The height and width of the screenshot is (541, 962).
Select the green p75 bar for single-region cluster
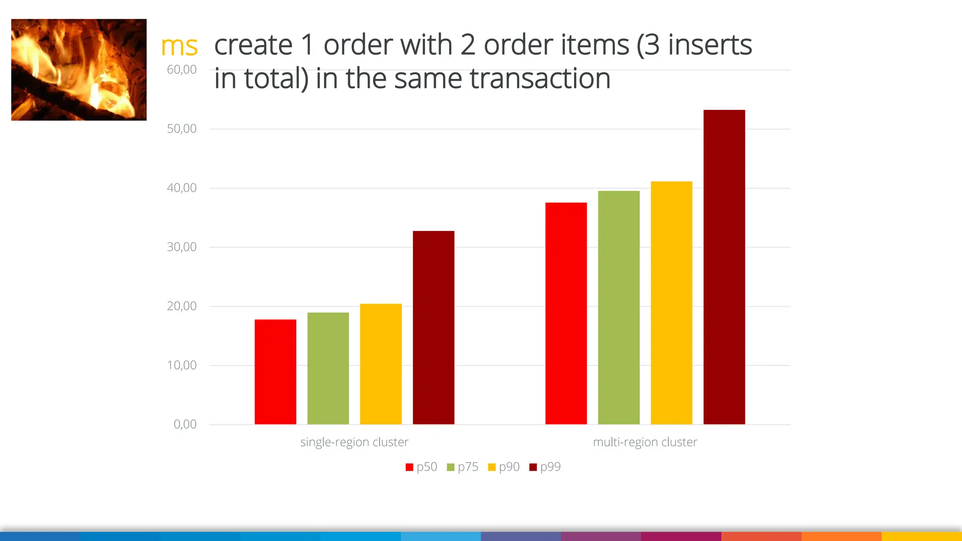[x=328, y=369]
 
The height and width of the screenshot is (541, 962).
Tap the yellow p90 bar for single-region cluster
[x=380, y=364]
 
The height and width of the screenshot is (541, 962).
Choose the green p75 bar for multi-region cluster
[x=619, y=308]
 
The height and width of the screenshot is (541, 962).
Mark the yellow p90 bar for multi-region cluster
[x=671, y=303]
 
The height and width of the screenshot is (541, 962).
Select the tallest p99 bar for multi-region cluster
[x=724, y=267]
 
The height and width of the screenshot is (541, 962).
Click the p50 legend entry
[x=421, y=467]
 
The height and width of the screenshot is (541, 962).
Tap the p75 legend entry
[x=463, y=467]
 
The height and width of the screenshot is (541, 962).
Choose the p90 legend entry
[x=504, y=467]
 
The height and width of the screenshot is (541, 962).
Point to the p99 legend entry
[x=545, y=467]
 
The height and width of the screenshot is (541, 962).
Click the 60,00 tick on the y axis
[x=182, y=70]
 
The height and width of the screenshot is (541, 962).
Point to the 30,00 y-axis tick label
[x=182, y=247]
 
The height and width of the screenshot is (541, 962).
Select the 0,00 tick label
[x=185, y=425]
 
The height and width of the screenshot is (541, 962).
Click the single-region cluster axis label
[x=354, y=442]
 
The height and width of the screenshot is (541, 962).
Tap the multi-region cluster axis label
[x=645, y=442]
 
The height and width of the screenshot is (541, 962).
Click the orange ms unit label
[x=179, y=46]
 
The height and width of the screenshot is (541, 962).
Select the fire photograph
[x=79, y=70]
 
